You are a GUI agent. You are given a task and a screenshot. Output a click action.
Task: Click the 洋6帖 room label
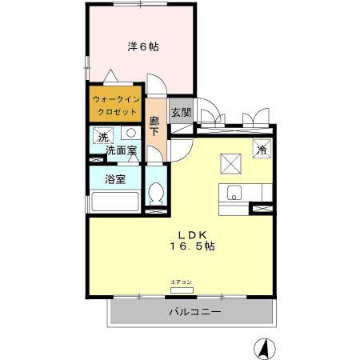click(143, 46)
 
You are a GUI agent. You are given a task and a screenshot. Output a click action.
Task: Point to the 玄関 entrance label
click(180, 113)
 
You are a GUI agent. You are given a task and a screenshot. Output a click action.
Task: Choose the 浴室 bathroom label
click(115, 179)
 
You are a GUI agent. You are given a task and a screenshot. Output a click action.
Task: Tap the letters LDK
click(193, 234)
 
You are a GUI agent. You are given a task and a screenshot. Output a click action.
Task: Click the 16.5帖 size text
click(192, 246)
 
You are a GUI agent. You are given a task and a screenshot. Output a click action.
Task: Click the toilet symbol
click(157, 194)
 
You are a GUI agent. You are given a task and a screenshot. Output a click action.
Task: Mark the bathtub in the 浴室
click(115, 200)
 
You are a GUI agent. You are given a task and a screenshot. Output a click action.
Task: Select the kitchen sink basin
click(234, 193)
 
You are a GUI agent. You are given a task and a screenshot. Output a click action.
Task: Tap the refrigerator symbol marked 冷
click(261, 149)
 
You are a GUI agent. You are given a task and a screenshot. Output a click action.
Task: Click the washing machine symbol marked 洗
click(102, 137)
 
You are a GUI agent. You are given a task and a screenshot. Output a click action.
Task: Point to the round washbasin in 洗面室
click(128, 134)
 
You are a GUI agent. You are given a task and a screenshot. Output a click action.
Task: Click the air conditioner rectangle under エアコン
click(182, 290)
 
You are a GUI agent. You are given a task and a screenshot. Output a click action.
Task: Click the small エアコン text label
click(182, 282)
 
